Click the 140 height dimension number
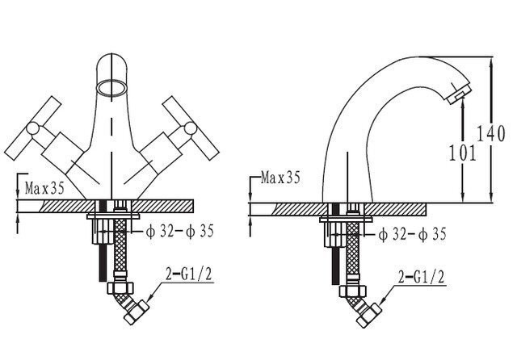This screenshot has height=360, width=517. click(491, 133)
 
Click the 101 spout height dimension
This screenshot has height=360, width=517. click(463, 153)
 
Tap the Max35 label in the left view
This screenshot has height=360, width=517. click(45, 189)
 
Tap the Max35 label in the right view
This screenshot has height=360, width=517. click(280, 178)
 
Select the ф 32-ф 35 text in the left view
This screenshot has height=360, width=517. click(179, 231)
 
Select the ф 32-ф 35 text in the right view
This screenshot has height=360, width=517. click(412, 234)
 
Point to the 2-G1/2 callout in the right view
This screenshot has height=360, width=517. click(422, 277)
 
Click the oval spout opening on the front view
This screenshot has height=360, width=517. click(111, 88)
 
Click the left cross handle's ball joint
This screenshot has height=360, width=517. click(33, 128)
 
